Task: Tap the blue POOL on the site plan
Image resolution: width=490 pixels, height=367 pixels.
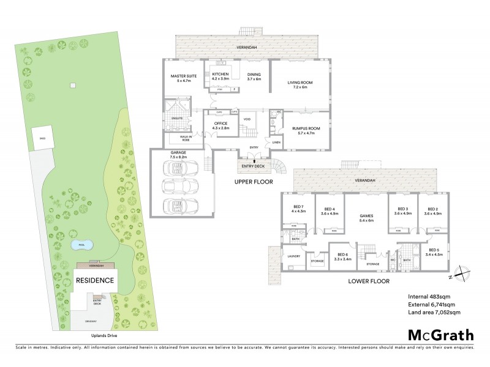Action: (83, 245)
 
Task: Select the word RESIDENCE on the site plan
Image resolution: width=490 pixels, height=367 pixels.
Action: (95, 280)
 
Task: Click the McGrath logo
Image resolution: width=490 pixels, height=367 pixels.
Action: (440, 335)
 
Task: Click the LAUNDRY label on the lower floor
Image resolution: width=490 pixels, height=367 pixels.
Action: (293, 256)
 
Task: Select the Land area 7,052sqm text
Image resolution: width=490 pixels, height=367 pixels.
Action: (434, 312)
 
